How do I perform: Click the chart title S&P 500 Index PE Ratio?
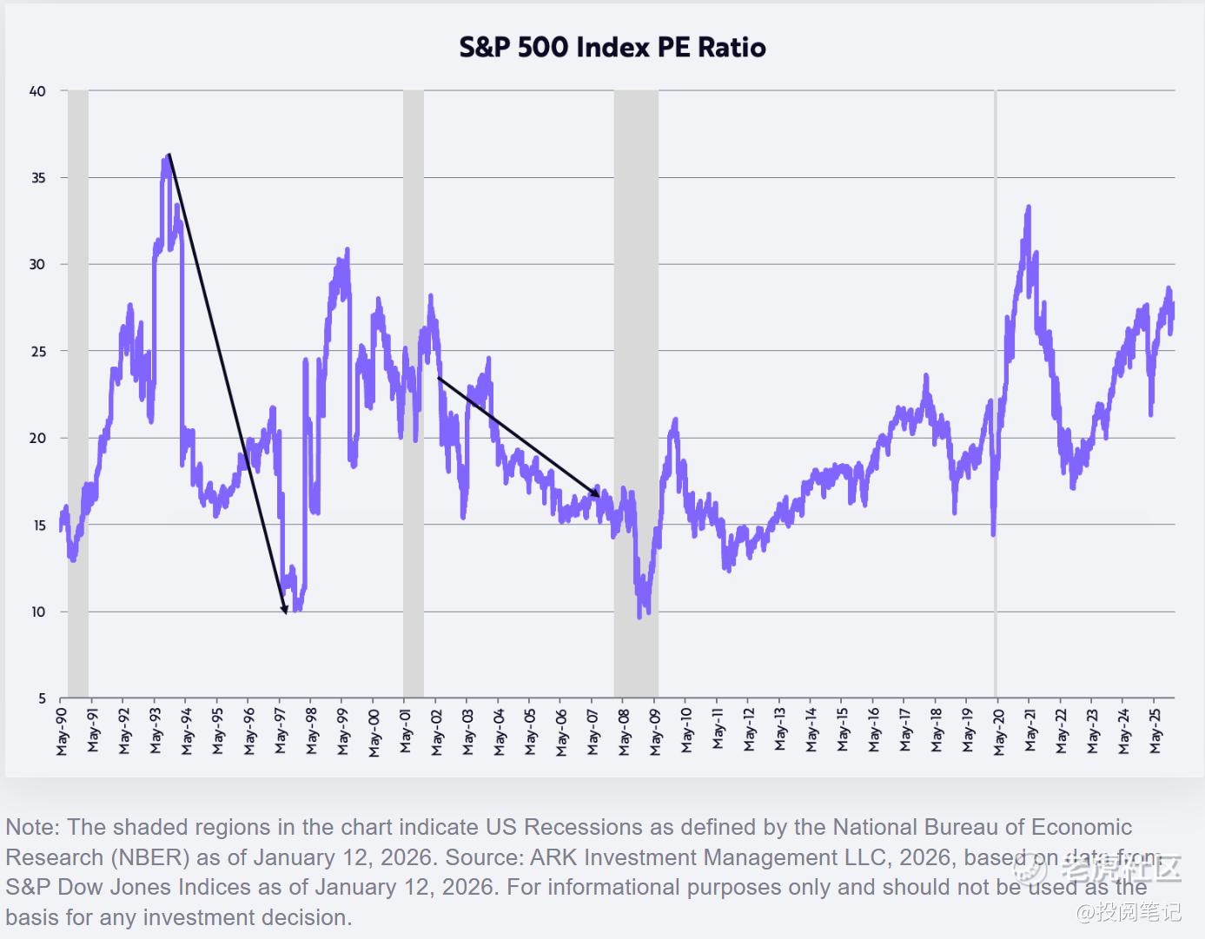pos(612,47)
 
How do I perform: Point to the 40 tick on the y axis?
pos(37,90)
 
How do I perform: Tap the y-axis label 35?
pos(37,177)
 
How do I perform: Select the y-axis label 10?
pos(37,612)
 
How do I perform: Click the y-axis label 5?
pos(42,698)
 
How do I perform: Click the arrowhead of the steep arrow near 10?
pos(284,610)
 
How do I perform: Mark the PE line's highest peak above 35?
pos(166,156)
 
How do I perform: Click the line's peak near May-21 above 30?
pos(1029,207)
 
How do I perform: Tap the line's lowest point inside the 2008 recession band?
pos(639,618)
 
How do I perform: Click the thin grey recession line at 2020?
pos(996,391)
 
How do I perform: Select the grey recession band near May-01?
pos(414,391)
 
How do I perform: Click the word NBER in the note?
pos(149,857)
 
